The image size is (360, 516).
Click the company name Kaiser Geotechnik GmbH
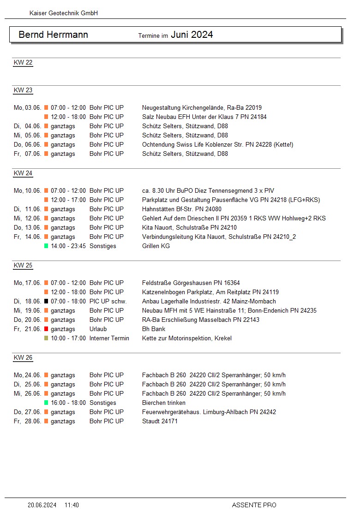64,13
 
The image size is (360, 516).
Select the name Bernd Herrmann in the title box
53,35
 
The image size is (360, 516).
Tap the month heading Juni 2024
192,35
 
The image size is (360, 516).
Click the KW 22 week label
23,63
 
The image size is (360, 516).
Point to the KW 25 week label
23,266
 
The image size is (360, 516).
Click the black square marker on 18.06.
46,301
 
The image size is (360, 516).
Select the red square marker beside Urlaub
46,329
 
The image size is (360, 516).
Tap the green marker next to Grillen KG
46,246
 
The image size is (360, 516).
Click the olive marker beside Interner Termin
46,338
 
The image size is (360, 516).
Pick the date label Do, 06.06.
28,144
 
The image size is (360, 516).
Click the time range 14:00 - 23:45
68,246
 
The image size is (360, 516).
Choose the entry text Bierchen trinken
164,403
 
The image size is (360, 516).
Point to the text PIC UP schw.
108,301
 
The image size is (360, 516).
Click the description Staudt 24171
160,421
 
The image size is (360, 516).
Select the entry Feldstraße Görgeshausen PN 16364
191,283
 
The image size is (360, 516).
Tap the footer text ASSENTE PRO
254,505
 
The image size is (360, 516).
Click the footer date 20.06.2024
42,505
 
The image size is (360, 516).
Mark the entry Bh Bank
154,329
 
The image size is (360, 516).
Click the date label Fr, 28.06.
28,421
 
